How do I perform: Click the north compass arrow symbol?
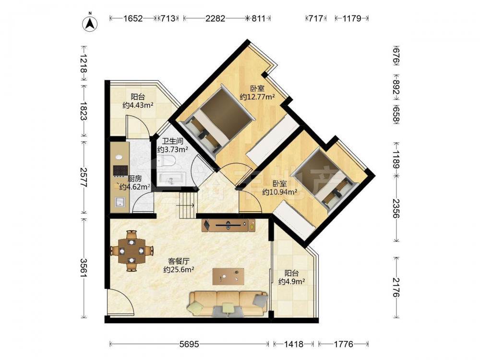click(x=90, y=23)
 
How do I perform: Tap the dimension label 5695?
click(x=189, y=344)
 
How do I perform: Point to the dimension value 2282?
click(x=215, y=19)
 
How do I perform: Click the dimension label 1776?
click(x=344, y=344)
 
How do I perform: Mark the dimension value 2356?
click(x=396, y=208)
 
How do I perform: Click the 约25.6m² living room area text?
click(x=179, y=270)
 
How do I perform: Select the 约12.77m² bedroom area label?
click(x=257, y=97)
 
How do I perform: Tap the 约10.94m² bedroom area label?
click(x=280, y=192)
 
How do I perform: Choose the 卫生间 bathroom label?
click(x=173, y=141)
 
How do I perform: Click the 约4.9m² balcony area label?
click(x=291, y=281)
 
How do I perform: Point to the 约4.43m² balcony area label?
click(x=138, y=105)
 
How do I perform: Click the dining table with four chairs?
click(x=132, y=251)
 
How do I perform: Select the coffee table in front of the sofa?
click(x=228, y=276)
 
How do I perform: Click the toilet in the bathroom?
click(x=166, y=162)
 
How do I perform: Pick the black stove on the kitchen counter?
click(x=120, y=171)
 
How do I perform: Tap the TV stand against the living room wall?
click(x=228, y=225)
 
